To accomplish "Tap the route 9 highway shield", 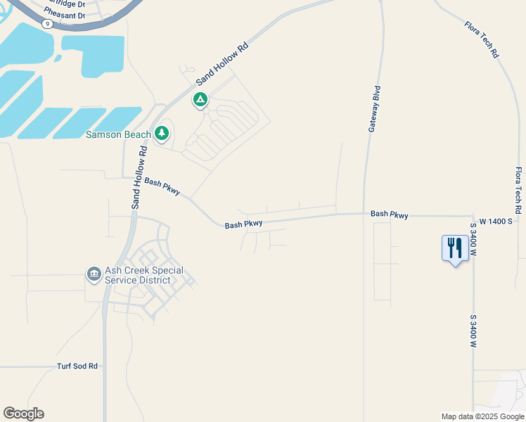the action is click(47, 23).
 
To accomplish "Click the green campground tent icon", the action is click(200, 101).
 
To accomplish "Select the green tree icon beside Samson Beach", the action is click(162, 133).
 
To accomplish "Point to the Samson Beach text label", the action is click(118, 134).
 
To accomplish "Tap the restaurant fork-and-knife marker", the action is click(455, 248).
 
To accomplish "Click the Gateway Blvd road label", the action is click(375, 109).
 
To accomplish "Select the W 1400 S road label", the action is click(499, 220).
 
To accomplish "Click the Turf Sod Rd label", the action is click(77, 366).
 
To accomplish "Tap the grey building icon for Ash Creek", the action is click(93, 274).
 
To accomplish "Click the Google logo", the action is click(23, 414).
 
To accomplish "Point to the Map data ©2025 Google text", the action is click(482, 416).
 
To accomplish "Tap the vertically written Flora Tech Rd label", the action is click(518, 191).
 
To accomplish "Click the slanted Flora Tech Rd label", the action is click(482, 39).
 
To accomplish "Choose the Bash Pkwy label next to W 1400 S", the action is click(389, 214).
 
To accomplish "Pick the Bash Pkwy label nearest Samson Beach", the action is click(162, 186).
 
